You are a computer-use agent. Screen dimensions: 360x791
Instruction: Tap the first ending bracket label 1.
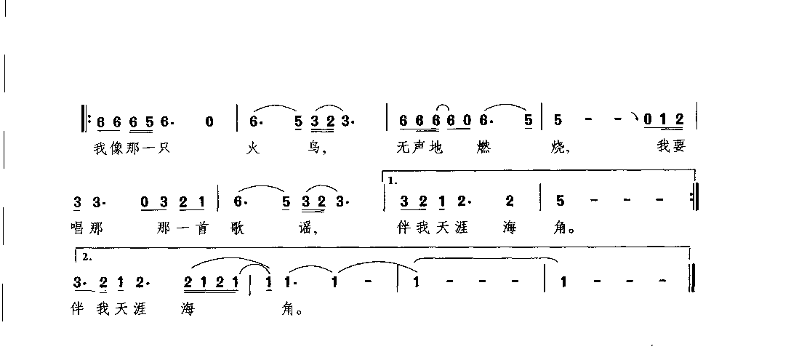393,181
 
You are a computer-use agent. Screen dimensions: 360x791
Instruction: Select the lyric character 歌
240,228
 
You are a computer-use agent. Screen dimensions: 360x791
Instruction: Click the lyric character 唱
79,228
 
